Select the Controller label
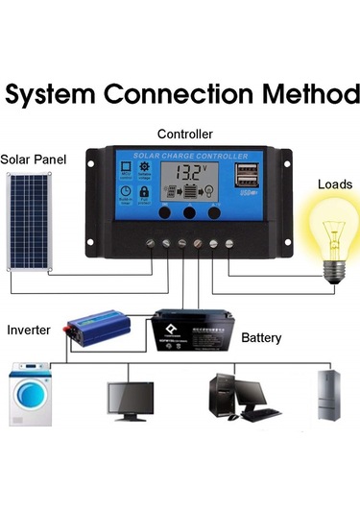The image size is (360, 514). pyautogui.click(x=184, y=134)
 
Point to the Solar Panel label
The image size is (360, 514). pyautogui.click(x=34, y=158)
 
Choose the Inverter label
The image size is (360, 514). pyautogui.click(x=29, y=330)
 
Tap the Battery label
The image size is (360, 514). pyautogui.click(x=261, y=338)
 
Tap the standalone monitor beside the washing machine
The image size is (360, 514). pyautogui.click(x=131, y=400)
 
